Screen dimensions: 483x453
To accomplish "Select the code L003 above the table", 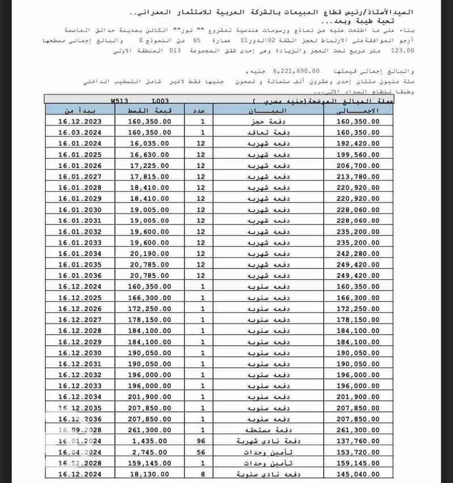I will [160, 100].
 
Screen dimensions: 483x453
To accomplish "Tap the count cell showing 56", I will [203, 452].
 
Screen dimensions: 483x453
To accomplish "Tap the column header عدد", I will [203, 110].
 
